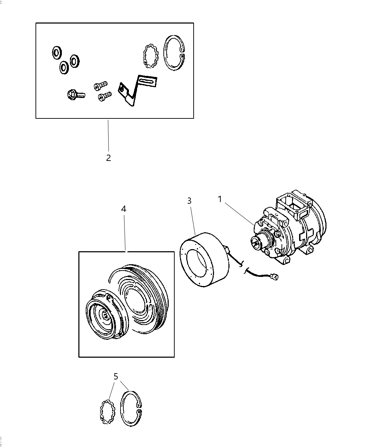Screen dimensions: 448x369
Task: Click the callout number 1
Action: tap(220, 199)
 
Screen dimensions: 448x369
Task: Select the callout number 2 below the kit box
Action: tap(108, 158)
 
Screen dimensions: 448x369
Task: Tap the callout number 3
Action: tap(189, 201)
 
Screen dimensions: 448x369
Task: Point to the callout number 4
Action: tap(123, 209)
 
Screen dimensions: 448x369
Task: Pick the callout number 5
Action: tap(116, 376)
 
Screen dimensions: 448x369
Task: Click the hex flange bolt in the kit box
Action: tap(75, 95)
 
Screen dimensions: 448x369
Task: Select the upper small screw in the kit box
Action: tap(100, 85)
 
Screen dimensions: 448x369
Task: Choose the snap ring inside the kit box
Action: tap(174, 53)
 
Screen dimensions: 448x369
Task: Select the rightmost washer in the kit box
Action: tap(75, 61)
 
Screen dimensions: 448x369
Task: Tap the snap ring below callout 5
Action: tap(131, 409)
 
